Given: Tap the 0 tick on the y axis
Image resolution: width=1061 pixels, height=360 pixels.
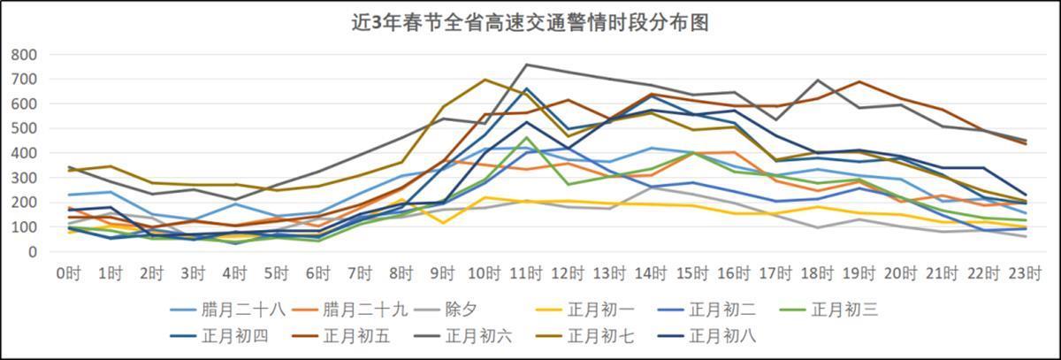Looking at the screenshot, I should point(32,252).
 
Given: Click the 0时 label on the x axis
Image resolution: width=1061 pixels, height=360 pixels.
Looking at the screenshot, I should point(68,273).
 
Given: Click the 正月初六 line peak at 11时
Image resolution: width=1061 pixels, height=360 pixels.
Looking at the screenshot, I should point(527,65).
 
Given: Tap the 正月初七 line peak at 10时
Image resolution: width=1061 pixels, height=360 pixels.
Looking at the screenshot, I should point(485,80).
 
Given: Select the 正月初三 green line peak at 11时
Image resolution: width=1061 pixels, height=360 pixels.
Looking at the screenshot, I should point(527,138).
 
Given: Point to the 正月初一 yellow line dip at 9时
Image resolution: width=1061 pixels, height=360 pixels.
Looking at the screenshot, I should point(444,223).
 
